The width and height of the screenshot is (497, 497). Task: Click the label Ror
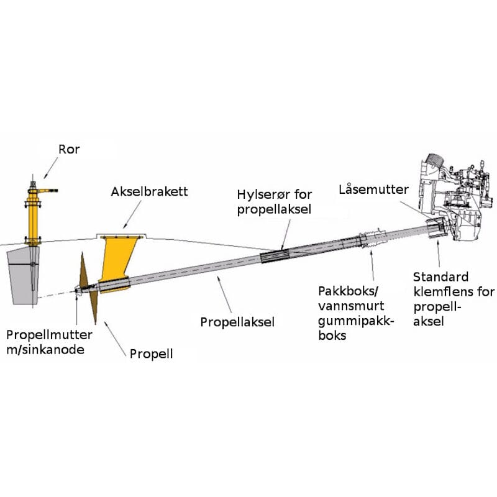tap(69, 150)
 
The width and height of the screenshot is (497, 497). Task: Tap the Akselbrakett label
tap(149, 192)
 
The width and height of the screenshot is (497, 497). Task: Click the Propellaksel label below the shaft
tap(237, 322)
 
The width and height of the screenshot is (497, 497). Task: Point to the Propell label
tap(151, 354)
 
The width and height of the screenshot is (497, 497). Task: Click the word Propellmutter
tap(49, 335)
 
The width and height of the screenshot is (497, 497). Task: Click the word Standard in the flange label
tap(440, 276)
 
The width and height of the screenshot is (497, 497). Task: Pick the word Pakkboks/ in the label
tap(342, 291)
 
